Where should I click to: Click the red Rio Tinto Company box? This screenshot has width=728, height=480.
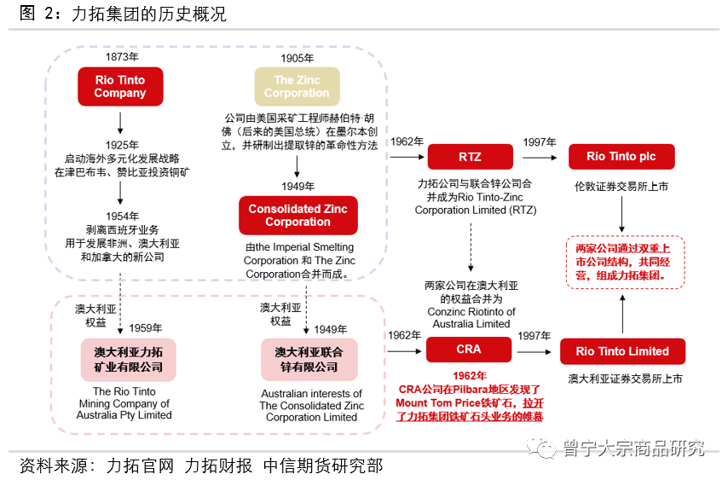pos(119,87)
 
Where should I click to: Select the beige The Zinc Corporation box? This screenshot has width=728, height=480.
pos(296,87)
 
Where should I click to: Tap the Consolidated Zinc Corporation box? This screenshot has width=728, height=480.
pos(298,216)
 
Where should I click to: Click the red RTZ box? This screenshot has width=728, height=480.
pos(470,157)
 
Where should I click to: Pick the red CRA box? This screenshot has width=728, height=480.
pos(469,350)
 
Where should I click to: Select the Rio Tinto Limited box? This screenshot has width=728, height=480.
pos(621,351)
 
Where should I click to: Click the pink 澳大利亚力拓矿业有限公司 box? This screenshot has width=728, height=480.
pos(128,359)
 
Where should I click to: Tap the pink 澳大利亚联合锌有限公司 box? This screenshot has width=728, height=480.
pos(306,359)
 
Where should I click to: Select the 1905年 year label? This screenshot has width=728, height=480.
pos(297,58)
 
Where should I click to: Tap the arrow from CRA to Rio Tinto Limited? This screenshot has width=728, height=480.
pos(537,350)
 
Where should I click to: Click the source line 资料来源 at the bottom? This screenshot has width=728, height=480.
pos(200,466)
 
